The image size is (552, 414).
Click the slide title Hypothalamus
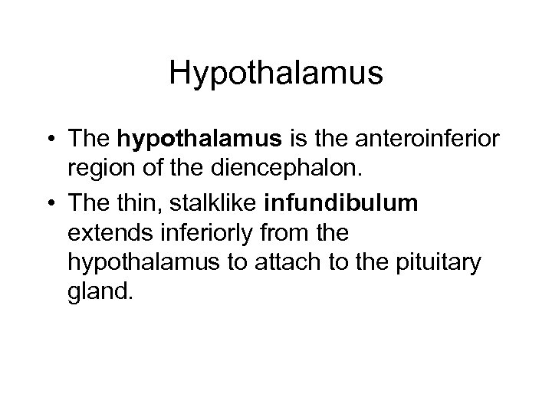(276, 74)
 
